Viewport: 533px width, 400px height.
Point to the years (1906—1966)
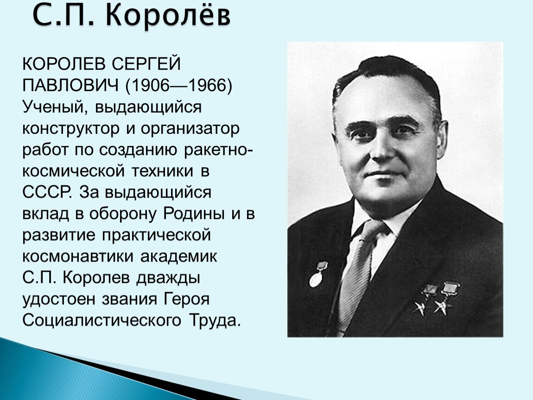179,86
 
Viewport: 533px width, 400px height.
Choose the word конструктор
71,129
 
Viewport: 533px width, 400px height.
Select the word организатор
190,129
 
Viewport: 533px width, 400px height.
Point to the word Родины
194,213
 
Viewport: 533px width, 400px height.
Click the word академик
178,256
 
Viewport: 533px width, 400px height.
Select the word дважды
168,278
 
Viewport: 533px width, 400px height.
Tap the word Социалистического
102,320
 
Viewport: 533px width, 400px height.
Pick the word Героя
186,299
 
